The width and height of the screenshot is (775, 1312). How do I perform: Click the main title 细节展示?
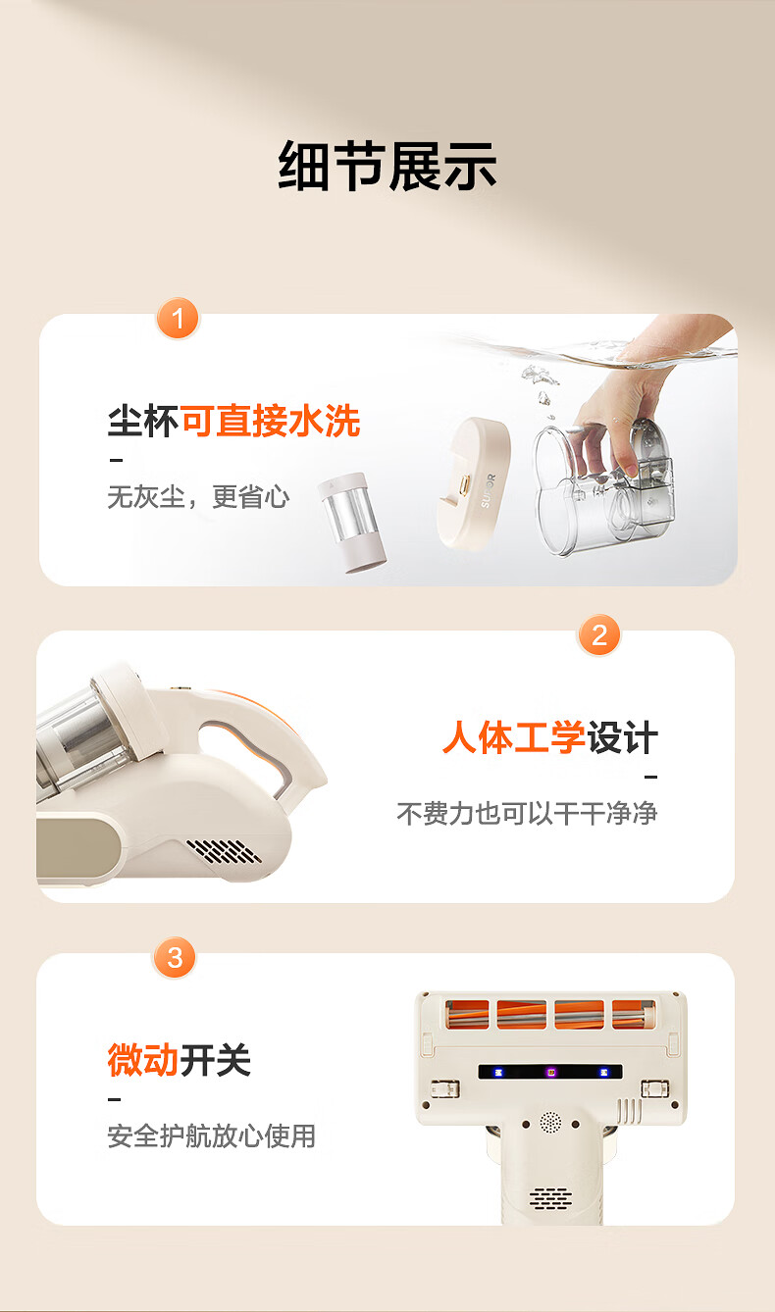(387, 167)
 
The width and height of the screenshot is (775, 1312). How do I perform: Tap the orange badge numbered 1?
(178, 319)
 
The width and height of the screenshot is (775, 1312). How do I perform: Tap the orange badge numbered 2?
(598, 635)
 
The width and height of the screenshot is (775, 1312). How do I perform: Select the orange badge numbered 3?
(175, 958)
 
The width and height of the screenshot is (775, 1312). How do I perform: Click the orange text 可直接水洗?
(271, 421)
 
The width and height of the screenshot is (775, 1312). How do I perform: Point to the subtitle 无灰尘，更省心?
(198, 497)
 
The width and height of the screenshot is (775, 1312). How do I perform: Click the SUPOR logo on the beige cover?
(488, 491)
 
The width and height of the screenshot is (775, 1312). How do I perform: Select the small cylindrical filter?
(351, 523)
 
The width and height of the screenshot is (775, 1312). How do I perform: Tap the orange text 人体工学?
(514, 737)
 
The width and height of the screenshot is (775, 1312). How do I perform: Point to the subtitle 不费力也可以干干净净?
(527, 813)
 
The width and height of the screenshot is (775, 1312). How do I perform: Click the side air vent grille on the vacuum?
(224, 852)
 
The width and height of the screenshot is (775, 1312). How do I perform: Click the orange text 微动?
(142, 1060)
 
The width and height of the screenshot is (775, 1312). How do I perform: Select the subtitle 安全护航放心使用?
(211, 1135)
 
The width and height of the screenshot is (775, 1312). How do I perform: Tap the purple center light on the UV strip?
(551, 1073)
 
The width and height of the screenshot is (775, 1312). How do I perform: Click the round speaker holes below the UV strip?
(550, 1122)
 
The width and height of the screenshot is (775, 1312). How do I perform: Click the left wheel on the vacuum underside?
(445, 1088)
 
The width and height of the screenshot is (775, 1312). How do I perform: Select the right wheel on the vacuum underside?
(655, 1088)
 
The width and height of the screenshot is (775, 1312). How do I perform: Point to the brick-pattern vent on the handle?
(551, 1198)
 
